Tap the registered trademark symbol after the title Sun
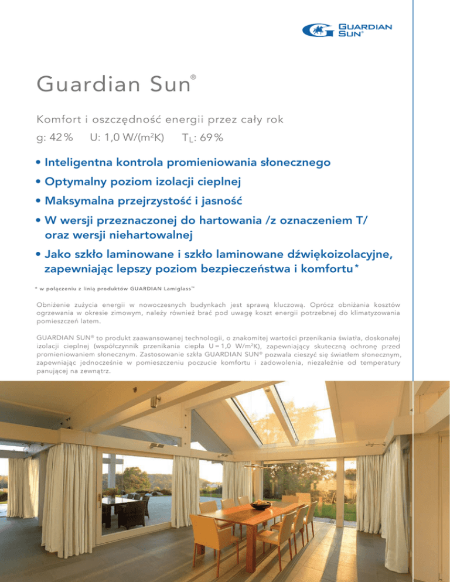(x=193, y=77)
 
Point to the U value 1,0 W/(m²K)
(x=127, y=139)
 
